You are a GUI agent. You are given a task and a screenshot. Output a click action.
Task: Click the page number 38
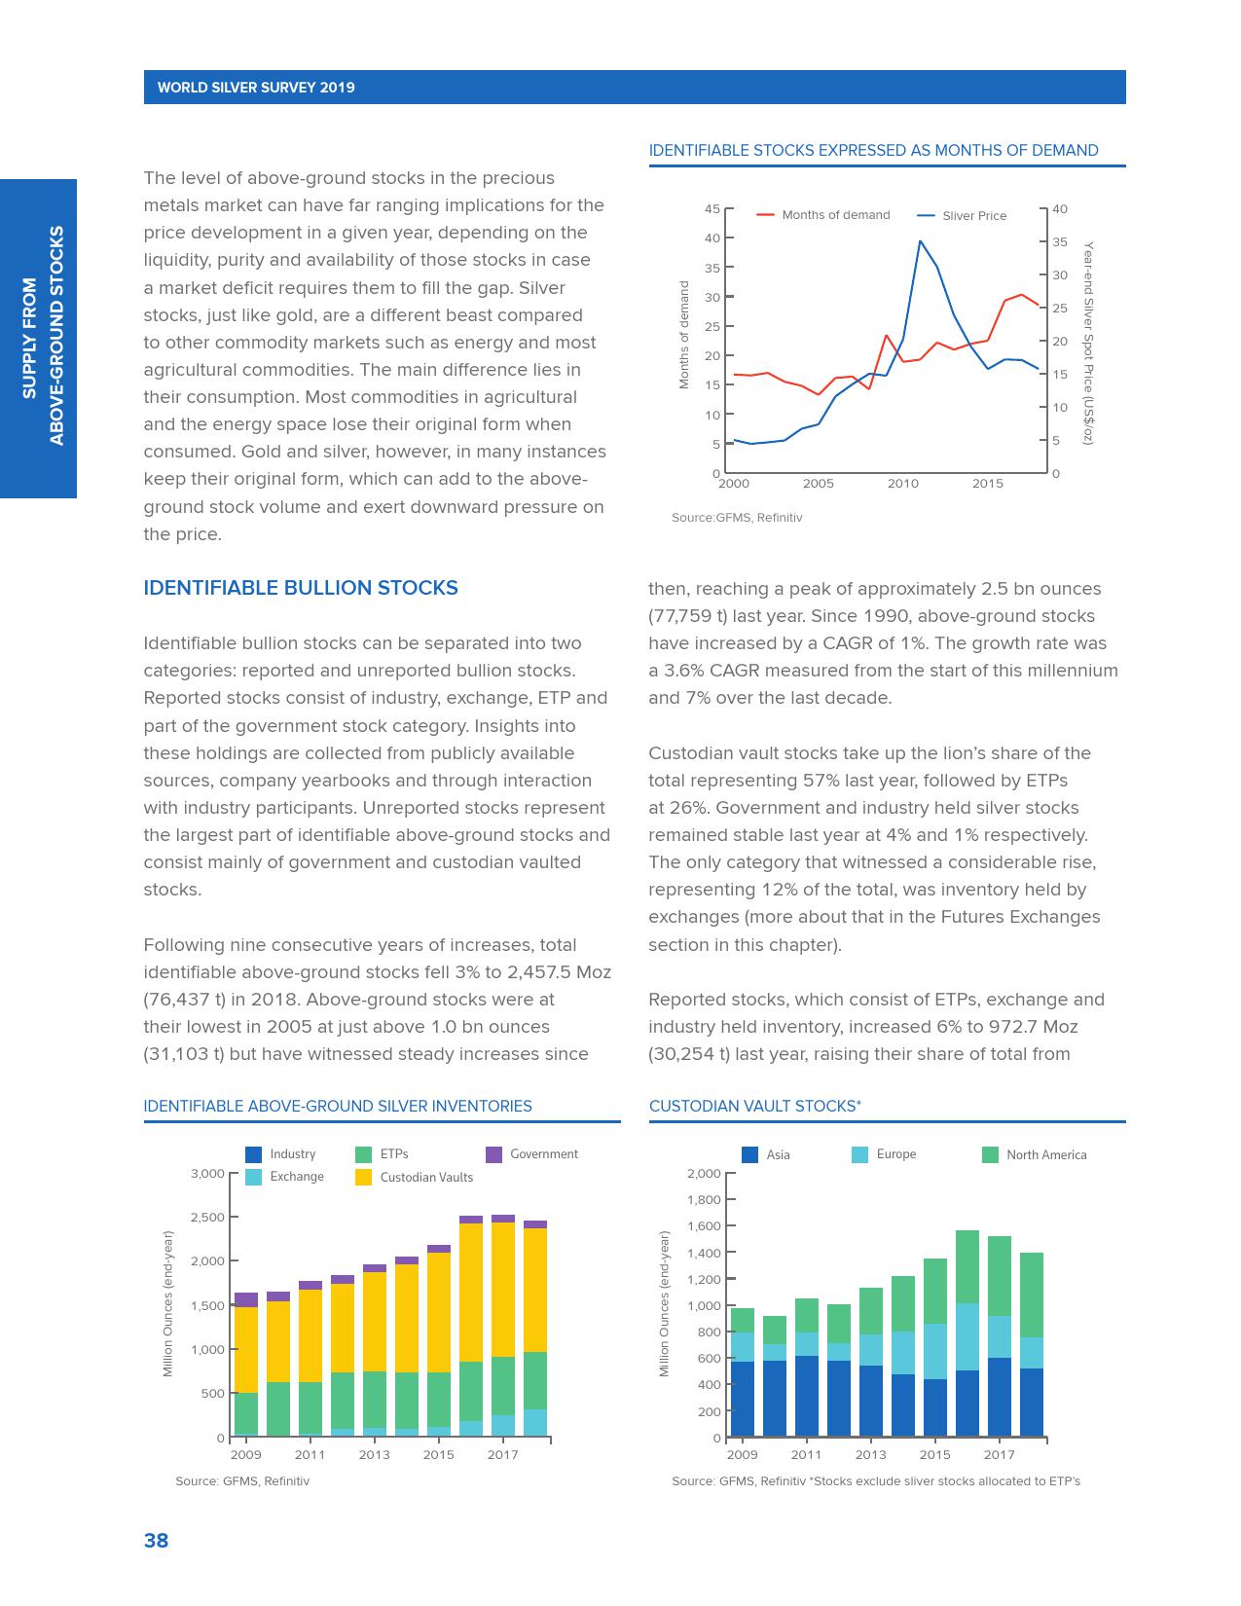pyautogui.click(x=156, y=1540)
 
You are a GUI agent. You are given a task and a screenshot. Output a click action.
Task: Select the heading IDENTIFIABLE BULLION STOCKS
pyautogui.click(x=301, y=588)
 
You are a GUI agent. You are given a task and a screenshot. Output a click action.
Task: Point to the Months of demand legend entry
pyautogui.click(x=835, y=215)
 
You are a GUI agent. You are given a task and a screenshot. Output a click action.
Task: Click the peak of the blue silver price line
pyautogui.click(x=920, y=241)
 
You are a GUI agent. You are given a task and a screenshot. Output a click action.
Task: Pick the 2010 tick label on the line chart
pyautogui.click(x=902, y=484)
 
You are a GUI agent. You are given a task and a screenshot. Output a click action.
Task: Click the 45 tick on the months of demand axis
pyautogui.click(x=712, y=209)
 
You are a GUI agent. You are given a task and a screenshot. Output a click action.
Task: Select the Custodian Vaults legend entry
pyautogui.click(x=425, y=1177)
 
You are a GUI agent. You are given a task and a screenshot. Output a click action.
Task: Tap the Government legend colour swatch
pyautogui.click(x=494, y=1154)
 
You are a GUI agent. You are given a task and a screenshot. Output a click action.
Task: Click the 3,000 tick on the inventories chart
pyautogui.click(x=207, y=1173)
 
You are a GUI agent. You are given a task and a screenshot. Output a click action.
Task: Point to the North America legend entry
pyautogui.click(x=1045, y=1155)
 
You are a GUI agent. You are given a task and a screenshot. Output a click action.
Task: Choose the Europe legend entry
pyautogui.click(x=895, y=1154)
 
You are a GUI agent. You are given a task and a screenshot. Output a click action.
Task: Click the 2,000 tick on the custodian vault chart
pyautogui.click(x=704, y=1173)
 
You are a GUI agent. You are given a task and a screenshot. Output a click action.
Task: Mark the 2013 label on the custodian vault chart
pyautogui.click(x=871, y=1455)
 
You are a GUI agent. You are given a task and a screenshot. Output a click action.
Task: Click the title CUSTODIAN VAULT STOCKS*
pyautogui.click(x=754, y=1106)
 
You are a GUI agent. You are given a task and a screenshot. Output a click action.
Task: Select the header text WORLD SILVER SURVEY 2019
pyautogui.click(x=256, y=88)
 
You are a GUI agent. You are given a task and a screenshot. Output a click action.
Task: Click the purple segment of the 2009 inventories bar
pyautogui.click(x=246, y=1299)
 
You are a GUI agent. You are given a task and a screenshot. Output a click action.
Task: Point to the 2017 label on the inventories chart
pyautogui.click(x=503, y=1455)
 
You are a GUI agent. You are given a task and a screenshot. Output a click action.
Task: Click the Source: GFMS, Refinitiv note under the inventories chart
pyautogui.click(x=242, y=1481)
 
